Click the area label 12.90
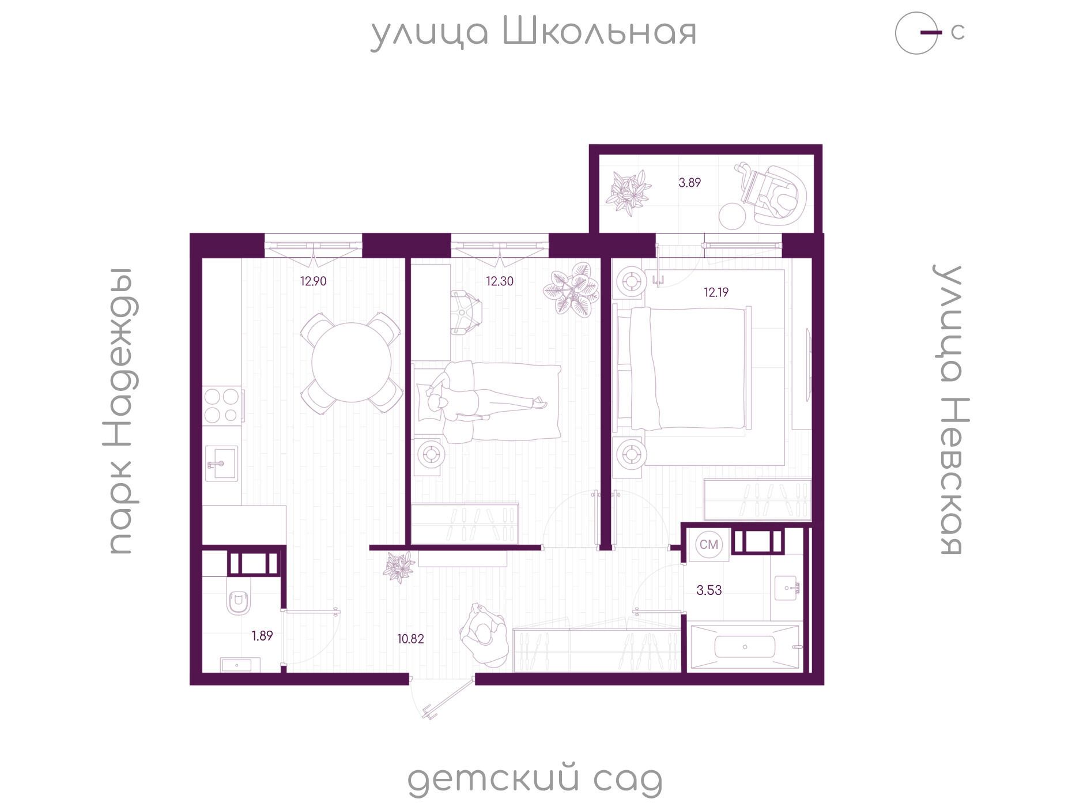[313, 281]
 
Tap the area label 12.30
[499, 281]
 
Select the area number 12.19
[716, 292]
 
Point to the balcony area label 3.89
[689, 183]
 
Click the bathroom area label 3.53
[709, 590]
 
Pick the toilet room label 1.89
[262, 636]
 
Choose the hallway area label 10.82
[410, 639]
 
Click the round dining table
[352, 363]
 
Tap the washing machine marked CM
[709, 544]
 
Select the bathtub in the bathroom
[745, 646]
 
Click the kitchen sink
[222, 464]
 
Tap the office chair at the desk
[465, 311]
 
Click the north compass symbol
[918, 33]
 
